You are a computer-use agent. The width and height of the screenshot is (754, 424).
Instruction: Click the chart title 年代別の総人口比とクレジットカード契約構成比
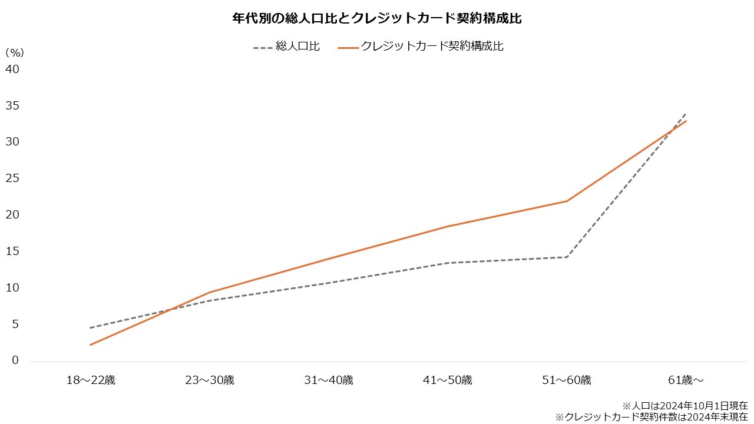(377, 18)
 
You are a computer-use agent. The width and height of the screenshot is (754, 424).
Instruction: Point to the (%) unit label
(14, 52)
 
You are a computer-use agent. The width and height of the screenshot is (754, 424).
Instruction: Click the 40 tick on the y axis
(12, 69)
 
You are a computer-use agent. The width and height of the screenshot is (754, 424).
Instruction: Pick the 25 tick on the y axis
(12, 178)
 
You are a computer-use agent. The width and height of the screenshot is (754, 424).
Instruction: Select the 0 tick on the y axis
(16, 360)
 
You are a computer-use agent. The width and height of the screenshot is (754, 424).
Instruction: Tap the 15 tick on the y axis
(12, 251)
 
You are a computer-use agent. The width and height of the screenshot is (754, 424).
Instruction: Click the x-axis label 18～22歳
(91, 380)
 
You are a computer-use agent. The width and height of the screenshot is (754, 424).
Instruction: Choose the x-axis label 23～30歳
(210, 380)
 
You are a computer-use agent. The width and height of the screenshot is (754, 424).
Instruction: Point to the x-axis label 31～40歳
(329, 380)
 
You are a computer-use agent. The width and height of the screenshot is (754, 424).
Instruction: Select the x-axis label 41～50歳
(448, 380)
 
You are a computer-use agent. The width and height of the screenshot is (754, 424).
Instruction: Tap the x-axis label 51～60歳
(567, 380)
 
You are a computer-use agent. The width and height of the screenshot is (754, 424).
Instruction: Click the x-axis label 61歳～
(686, 380)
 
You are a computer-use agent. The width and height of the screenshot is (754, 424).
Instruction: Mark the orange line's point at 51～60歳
(567, 201)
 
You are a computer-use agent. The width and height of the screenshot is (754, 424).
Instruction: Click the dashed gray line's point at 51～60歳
(567, 257)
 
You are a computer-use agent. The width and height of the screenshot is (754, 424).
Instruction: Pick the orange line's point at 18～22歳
(91, 344)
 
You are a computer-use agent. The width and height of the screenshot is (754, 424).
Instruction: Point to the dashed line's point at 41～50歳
(448, 263)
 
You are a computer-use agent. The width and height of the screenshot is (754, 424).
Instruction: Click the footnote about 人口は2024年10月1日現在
(684, 406)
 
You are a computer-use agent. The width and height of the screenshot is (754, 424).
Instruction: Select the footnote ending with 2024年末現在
(651, 417)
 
